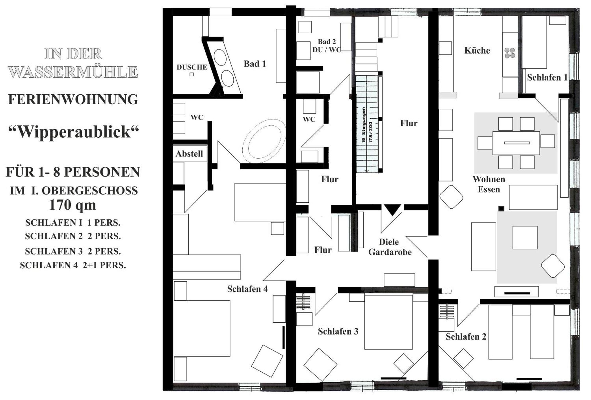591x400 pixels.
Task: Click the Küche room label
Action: tap(477, 50)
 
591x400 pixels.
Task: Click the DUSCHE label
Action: tap(192, 67)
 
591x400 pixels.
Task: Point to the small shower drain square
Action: tap(192, 74)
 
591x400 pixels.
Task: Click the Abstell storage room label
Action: tap(189, 154)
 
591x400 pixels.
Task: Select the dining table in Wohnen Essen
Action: tap(516, 143)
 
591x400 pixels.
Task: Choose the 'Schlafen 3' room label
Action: tap(338, 331)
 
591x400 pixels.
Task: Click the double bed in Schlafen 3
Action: tap(388, 322)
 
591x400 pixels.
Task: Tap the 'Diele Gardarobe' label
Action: tap(390, 247)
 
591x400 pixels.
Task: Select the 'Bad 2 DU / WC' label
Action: tap(327, 46)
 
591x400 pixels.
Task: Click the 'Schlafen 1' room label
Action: tap(547, 77)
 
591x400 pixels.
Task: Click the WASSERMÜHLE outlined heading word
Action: tap(73, 72)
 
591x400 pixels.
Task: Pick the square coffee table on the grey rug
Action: tap(525, 238)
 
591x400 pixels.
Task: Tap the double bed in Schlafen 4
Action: tap(202, 328)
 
